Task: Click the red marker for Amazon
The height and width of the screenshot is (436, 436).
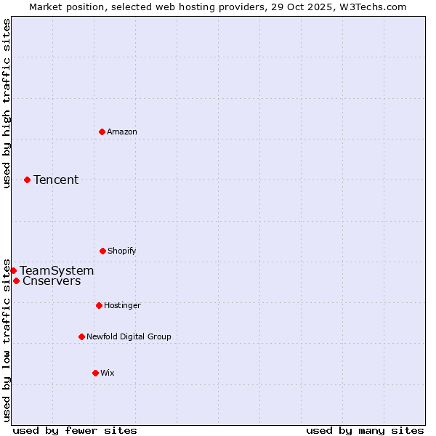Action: point(102,132)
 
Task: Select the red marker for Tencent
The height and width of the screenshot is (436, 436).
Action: point(27,179)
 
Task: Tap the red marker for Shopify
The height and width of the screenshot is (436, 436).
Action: point(102,251)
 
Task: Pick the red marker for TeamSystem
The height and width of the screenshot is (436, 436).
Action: point(13,270)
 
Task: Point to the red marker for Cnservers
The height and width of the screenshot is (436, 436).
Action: point(16,280)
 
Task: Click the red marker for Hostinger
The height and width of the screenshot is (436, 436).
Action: point(99,305)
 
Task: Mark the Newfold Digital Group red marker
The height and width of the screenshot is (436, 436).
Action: point(81,336)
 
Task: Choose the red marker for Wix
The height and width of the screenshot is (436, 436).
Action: point(95,373)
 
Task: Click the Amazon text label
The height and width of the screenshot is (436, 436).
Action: point(122,132)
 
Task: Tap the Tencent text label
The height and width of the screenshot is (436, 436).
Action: point(56,179)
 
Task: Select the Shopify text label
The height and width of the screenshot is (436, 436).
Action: point(122,251)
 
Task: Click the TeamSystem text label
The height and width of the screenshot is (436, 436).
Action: point(57,270)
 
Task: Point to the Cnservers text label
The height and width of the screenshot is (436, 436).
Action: point(52,281)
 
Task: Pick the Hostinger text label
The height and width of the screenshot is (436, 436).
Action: point(122,305)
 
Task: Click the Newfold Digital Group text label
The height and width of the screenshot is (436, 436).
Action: point(129,336)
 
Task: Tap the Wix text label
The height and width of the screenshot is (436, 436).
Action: point(108,373)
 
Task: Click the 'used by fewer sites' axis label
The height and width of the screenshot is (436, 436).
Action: point(75,430)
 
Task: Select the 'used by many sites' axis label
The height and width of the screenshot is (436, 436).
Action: point(365,430)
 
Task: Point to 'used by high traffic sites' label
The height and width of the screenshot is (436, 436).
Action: point(7,103)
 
